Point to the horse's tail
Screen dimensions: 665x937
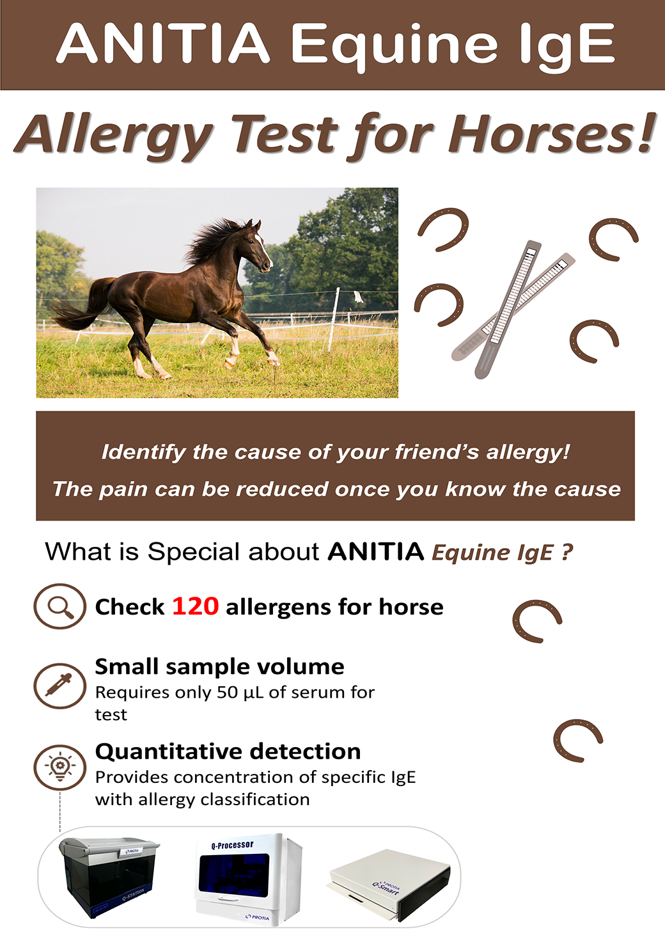tap(79, 303)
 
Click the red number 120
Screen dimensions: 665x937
tap(195, 606)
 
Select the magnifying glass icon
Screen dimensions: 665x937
tap(60, 606)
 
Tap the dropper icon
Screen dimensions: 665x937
tap(60, 686)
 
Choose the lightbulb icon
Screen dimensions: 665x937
tap(60, 767)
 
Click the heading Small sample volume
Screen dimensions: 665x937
tap(219, 667)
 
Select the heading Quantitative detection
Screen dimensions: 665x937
tap(228, 752)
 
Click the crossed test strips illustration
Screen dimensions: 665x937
tap(512, 309)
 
